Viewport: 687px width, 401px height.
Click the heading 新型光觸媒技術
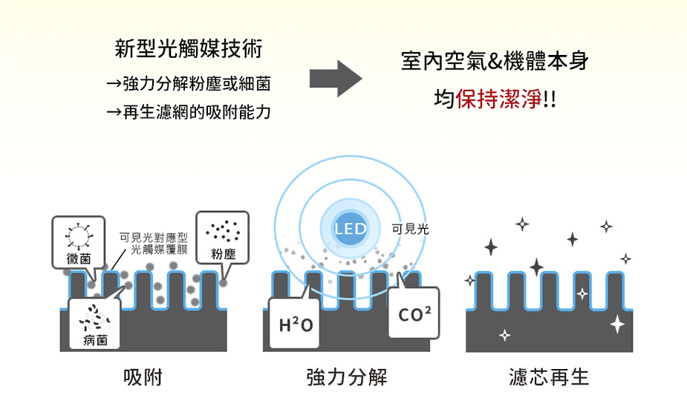[x=189, y=48]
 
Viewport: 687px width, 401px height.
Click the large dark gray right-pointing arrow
[x=336, y=79]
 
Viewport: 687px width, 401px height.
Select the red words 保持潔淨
[x=498, y=99]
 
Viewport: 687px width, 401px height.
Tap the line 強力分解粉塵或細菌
[x=189, y=83]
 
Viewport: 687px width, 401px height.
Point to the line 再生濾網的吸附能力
[x=189, y=112]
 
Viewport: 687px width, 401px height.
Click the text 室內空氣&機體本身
[x=495, y=61]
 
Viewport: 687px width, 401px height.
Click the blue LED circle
[x=350, y=228]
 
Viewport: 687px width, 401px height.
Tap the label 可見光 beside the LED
[x=410, y=229]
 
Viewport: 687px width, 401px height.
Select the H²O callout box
[x=294, y=324]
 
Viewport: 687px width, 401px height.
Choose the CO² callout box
[x=414, y=313]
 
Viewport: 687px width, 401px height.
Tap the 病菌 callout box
[x=94, y=324]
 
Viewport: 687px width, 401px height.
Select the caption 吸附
[x=143, y=377]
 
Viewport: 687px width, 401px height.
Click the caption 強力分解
[x=347, y=377]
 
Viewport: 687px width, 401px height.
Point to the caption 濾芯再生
[x=549, y=377]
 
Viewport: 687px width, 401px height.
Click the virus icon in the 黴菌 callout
[x=79, y=236]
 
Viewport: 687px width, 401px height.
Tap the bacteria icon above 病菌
[x=94, y=317]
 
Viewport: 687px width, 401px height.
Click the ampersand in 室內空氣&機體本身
[x=495, y=62]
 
